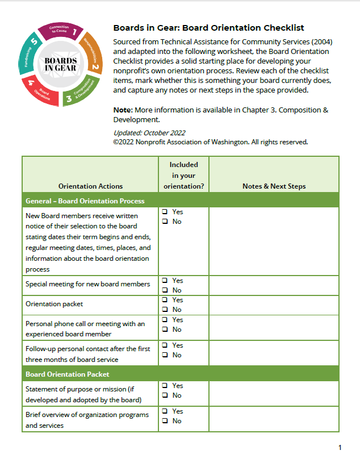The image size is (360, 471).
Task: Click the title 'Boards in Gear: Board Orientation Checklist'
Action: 208,28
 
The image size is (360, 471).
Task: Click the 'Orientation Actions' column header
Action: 90,186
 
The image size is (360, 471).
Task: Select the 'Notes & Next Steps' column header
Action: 274,186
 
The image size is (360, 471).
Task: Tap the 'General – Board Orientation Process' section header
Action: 85,201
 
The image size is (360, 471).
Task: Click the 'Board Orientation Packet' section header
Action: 68,374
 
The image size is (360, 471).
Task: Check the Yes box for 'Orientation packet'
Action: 165,300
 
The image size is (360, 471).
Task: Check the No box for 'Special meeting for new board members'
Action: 165,290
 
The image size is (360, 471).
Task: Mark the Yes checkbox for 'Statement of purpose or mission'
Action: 165,386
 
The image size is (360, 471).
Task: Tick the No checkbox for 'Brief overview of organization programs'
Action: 165,421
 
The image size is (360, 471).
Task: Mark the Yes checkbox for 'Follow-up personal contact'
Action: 165,345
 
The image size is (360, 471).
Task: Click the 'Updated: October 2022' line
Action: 149,133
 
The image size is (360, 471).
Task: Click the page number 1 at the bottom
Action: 340,448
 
